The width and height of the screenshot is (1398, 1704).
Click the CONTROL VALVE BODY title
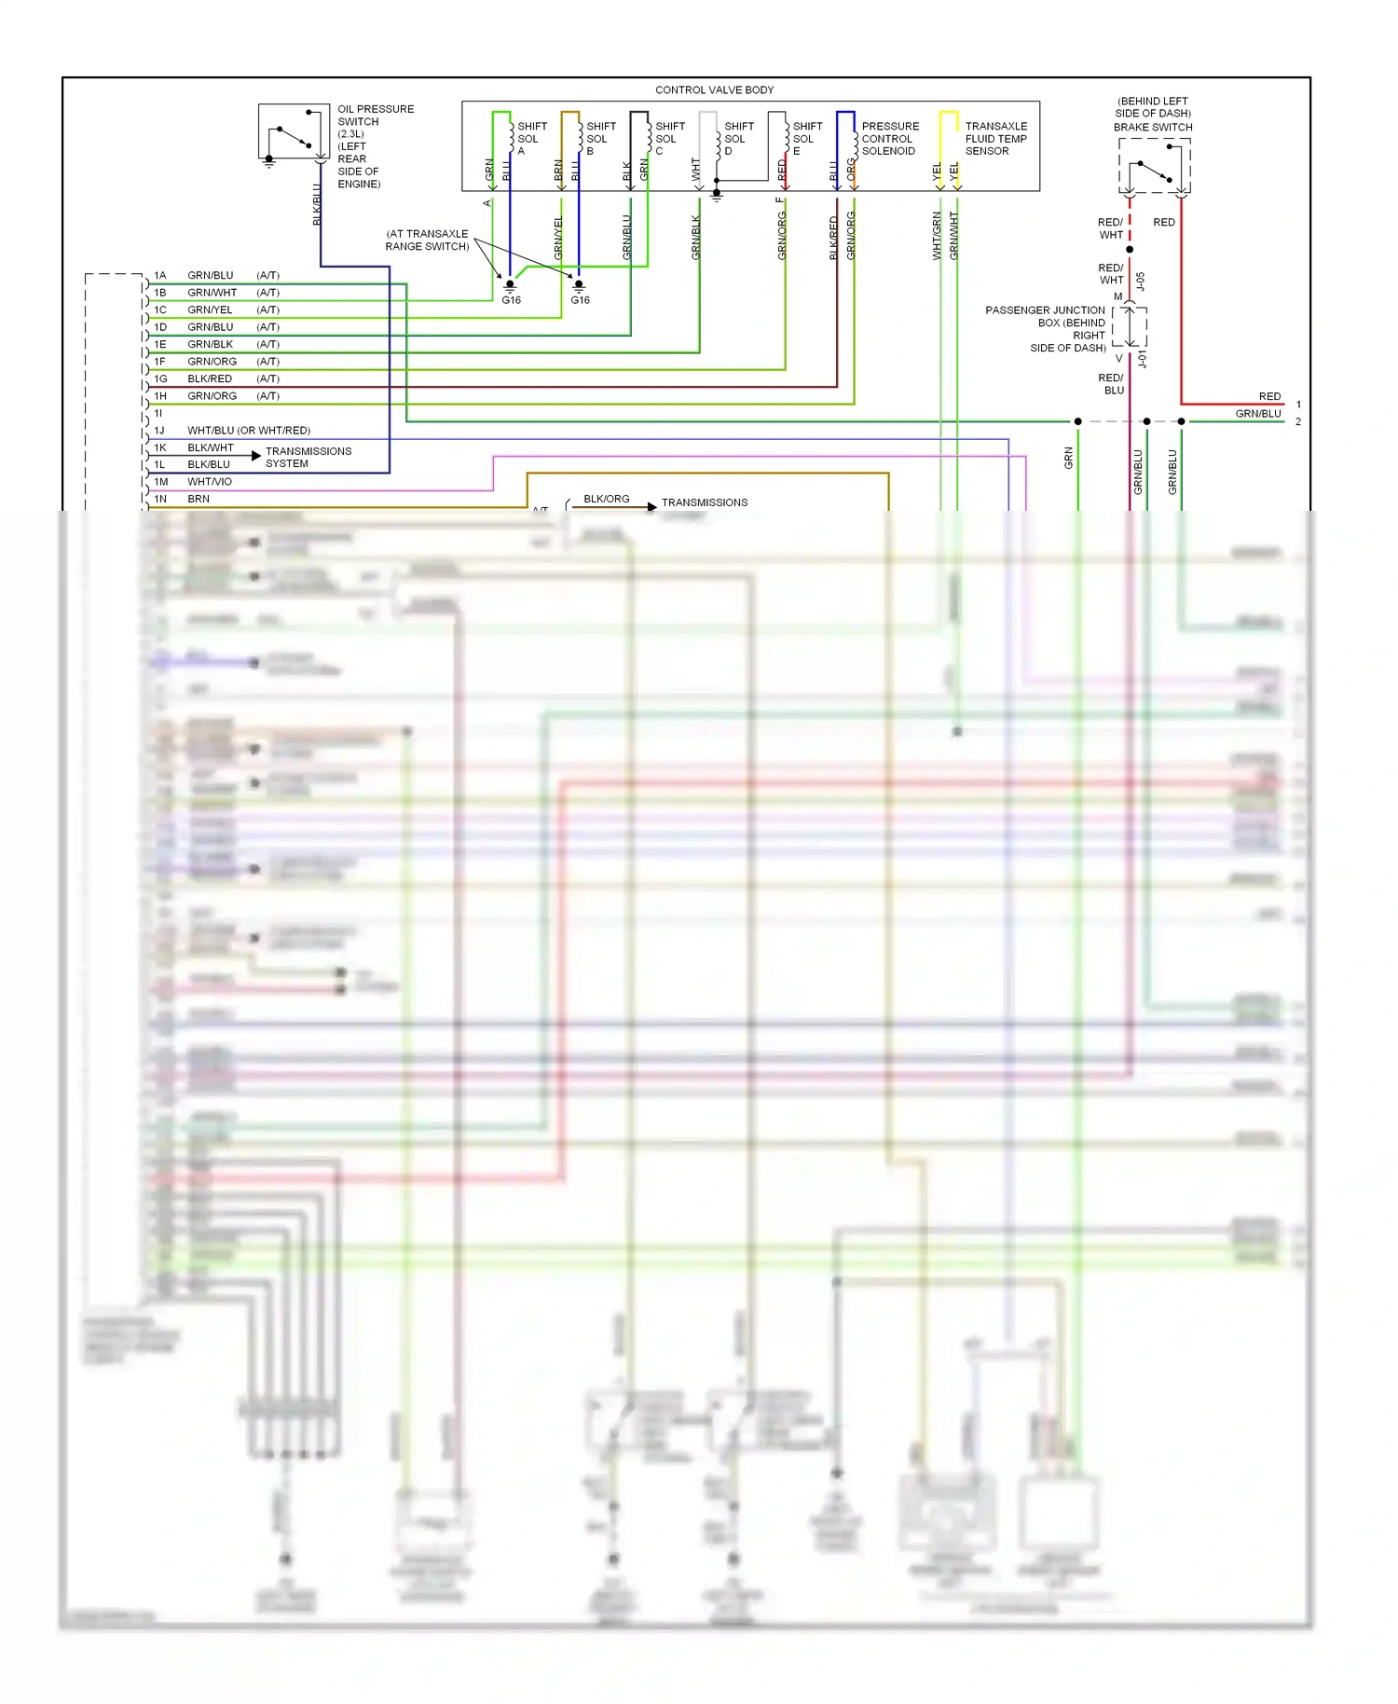(x=714, y=90)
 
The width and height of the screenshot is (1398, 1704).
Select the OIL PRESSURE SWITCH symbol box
(x=294, y=131)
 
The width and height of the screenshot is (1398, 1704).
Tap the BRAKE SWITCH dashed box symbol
(x=1154, y=166)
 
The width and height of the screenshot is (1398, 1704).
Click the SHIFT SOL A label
(x=531, y=138)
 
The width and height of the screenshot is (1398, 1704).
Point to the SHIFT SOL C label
(x=669, y=138)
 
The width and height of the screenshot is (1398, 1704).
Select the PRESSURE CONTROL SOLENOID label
(x=889, y=138)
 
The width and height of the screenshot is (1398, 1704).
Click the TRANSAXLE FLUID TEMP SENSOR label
(x=995, y=138)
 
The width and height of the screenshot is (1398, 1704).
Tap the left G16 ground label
(x=511, y=300)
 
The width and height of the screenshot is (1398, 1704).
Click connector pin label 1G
(x=160, y=378)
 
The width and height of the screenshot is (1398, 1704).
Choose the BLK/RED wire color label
(x=210, y=378)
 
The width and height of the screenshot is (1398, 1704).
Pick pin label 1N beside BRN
(x=160, y=499)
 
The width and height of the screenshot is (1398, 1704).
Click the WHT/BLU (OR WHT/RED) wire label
(x=248, y=431)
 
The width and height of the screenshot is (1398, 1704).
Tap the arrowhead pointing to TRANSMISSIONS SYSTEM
(x=256, y=456)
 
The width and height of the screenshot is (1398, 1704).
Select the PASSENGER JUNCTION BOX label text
(x=1046, y=328)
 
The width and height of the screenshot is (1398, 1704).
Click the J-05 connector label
(x=1141, y=281)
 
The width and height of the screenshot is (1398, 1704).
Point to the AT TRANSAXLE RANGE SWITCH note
(x=427, y=240)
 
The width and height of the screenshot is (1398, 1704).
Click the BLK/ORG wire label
(x=606, y=499)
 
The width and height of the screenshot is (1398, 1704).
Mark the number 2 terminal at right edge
(x=1297, y=421)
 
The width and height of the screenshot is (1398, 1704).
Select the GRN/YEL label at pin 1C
(x=210, y=309)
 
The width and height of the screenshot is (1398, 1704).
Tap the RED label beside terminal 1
(x=1269, y=396)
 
